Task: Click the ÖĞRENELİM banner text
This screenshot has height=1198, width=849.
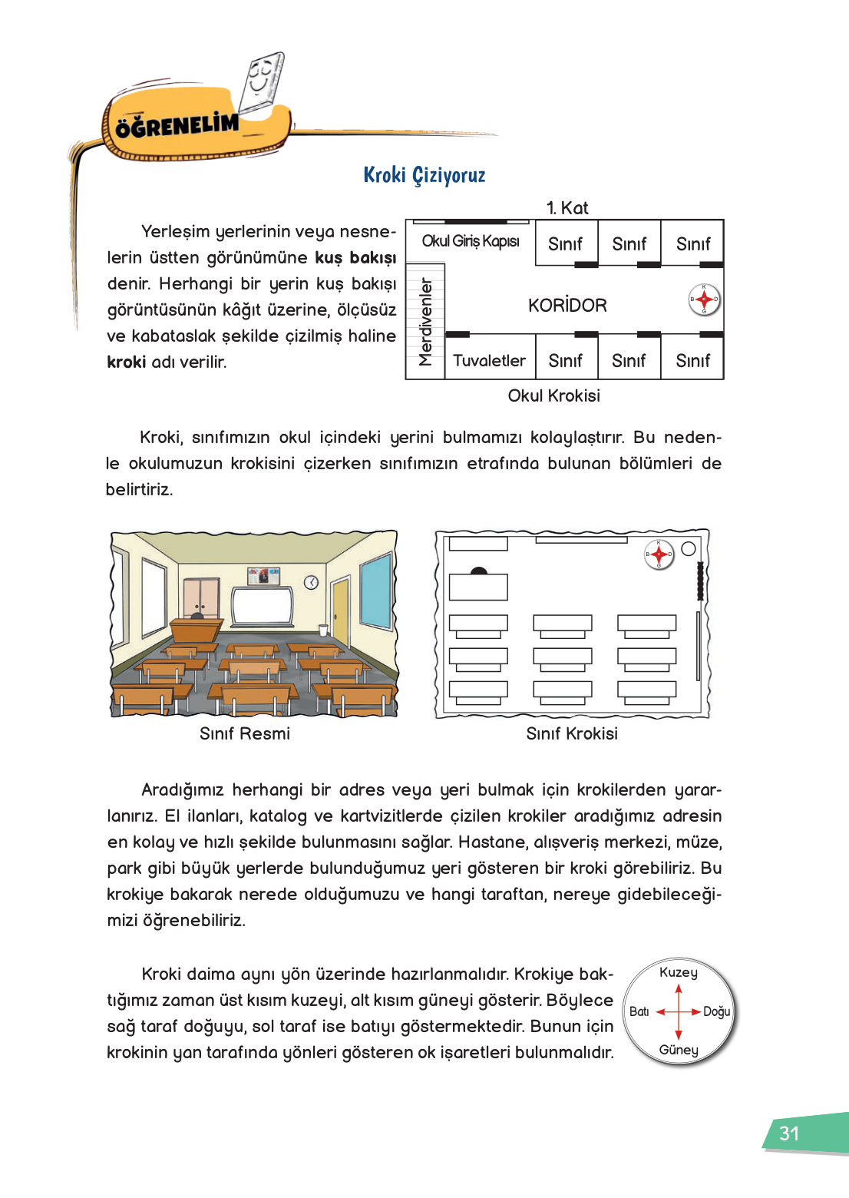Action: pyautogui.click(x=177, y=125)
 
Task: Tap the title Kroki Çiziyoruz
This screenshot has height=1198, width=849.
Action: pyautogui.click(x=424, y=175)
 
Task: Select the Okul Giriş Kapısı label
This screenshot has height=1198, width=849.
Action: pyautogui.click(x=470, y=241)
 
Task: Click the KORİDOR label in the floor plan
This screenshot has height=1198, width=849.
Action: pyautogui.click(x=567, y=306)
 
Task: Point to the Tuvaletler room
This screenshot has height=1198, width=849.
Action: pyautogui.click(x=489, y=360)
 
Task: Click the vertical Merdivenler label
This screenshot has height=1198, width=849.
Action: pyautogui.click(x=425, y=322)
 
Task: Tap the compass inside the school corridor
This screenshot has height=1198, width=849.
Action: pyautogui.click(x=704, y=299)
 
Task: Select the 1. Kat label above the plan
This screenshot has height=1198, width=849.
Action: pyautogui.click(x=567, y=208)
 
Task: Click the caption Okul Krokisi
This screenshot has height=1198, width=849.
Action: pyautogui.click(x=553, y=395)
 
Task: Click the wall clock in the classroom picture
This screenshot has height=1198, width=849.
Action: pyautogui.click(x=311, y=583)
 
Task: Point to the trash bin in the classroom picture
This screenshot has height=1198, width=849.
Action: pyautogui.click(x=323, y=630)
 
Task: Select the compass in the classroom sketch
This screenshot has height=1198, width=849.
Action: pyautogui.click(x=659, y=554)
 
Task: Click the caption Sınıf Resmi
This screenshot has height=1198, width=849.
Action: pyautogui.click(x=245, y=733)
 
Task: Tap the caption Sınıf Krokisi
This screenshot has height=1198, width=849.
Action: pyautogui.click(x=571, y=733)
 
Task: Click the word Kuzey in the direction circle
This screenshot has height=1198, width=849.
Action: pyautogui.click(x=679, y=972)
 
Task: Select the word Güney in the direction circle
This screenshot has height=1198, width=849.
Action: pyautogui.click(x=679, y=1050)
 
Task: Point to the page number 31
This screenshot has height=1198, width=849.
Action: pyautogui.click(x=789, y=1133)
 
